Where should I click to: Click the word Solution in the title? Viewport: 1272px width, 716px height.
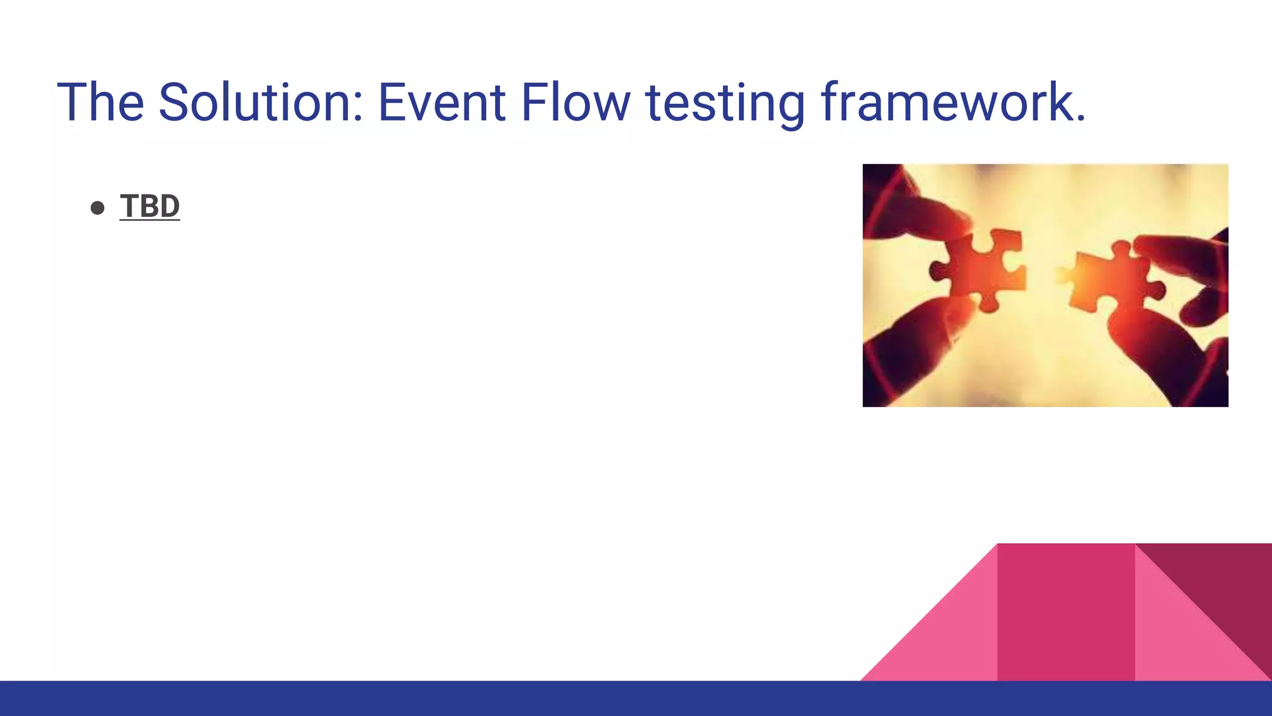(x=257, y=103)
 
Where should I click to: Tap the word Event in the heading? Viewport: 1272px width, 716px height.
(x=441, y=103)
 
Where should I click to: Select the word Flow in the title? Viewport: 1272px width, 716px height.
(x=575, y=103)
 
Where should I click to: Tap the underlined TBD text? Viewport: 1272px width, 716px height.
(x=150, y=206)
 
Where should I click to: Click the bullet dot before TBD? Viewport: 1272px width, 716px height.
(x=98, y=208)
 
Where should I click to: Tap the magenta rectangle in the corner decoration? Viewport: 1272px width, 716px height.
(x=1066, y=612)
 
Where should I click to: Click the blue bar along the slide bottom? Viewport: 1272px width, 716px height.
(x=636, y=699)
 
